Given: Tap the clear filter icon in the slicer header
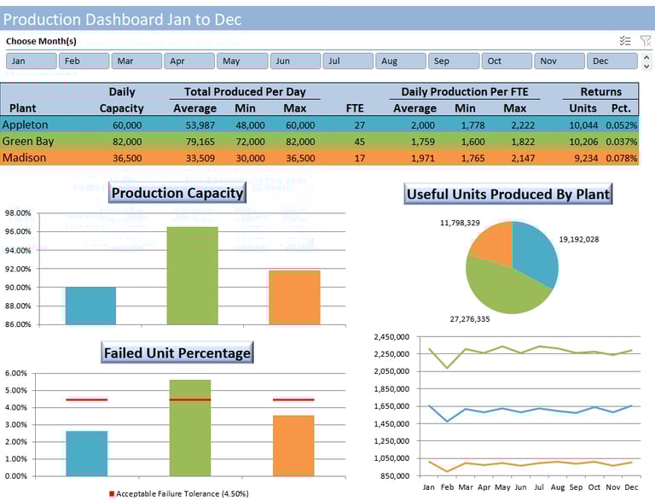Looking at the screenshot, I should tap(646, 41).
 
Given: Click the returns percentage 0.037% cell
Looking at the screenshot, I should tap(624, 142).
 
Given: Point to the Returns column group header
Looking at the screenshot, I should tap(600, 92).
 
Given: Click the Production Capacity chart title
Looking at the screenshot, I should tap(177, 193).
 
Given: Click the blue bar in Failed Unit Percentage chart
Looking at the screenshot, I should tap(86, 453).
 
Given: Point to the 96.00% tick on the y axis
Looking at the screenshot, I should tap(18, 232).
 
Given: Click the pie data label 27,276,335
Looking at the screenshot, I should tap(470, 319).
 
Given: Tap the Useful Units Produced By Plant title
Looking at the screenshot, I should tap(507, 194).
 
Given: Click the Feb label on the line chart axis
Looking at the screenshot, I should tap(447, 486).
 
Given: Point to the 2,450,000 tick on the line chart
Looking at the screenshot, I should tap(392, 337).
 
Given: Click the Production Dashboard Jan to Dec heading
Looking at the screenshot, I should tap(122, 19).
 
